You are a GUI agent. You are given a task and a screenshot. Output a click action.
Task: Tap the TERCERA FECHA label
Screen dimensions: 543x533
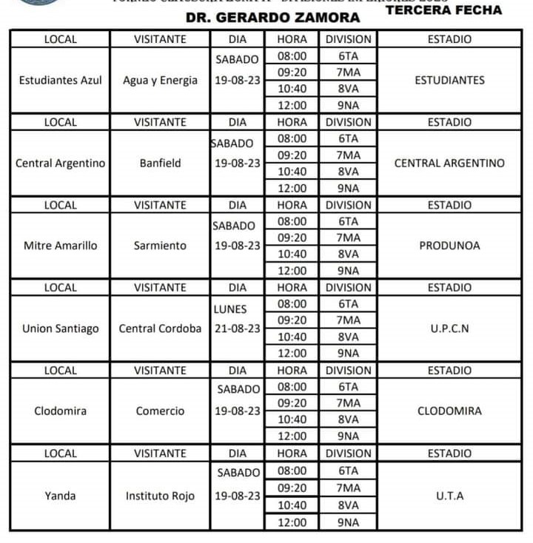click(443, 10)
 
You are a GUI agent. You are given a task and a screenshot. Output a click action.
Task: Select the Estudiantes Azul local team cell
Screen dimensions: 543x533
click(60, 81)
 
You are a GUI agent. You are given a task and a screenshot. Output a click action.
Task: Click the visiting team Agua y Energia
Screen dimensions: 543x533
click(160, 81)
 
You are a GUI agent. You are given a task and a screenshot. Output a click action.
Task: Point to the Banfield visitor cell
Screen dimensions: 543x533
click(160, 163)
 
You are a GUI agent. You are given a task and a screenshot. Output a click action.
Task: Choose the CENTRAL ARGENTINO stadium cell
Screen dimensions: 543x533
click(449, 163)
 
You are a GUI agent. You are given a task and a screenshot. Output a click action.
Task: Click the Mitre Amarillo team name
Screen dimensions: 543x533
click(60, 246)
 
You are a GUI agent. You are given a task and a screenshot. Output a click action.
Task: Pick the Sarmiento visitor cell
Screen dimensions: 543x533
click(160, 246)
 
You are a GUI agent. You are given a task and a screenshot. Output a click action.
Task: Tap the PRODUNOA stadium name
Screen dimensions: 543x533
click(449, 246)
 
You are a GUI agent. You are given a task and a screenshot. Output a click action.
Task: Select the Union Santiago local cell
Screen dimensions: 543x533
click(60, 328)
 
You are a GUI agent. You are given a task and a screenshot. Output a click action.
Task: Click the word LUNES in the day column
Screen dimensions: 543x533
click(229, 309)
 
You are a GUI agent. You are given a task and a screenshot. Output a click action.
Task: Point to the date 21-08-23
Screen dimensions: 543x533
click(236, 328)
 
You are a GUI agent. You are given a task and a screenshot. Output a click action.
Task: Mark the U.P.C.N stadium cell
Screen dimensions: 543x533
click(449, 328)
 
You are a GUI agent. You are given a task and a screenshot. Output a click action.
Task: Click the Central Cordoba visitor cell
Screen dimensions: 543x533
click(160, 328)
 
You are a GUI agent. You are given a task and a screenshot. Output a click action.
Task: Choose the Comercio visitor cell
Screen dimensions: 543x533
click(160, 411)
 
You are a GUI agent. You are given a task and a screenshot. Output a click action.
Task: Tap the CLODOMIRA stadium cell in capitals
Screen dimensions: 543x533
click(449, 411)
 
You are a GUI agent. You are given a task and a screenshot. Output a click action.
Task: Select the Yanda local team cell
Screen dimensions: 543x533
click(60, 496)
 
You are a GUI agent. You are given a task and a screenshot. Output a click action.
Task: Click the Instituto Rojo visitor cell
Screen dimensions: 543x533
click(160, 496)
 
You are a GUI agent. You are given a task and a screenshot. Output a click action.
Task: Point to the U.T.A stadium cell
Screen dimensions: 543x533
click(449, 496)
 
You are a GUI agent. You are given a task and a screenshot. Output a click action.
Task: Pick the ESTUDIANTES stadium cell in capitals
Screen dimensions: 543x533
click(449, 81)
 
